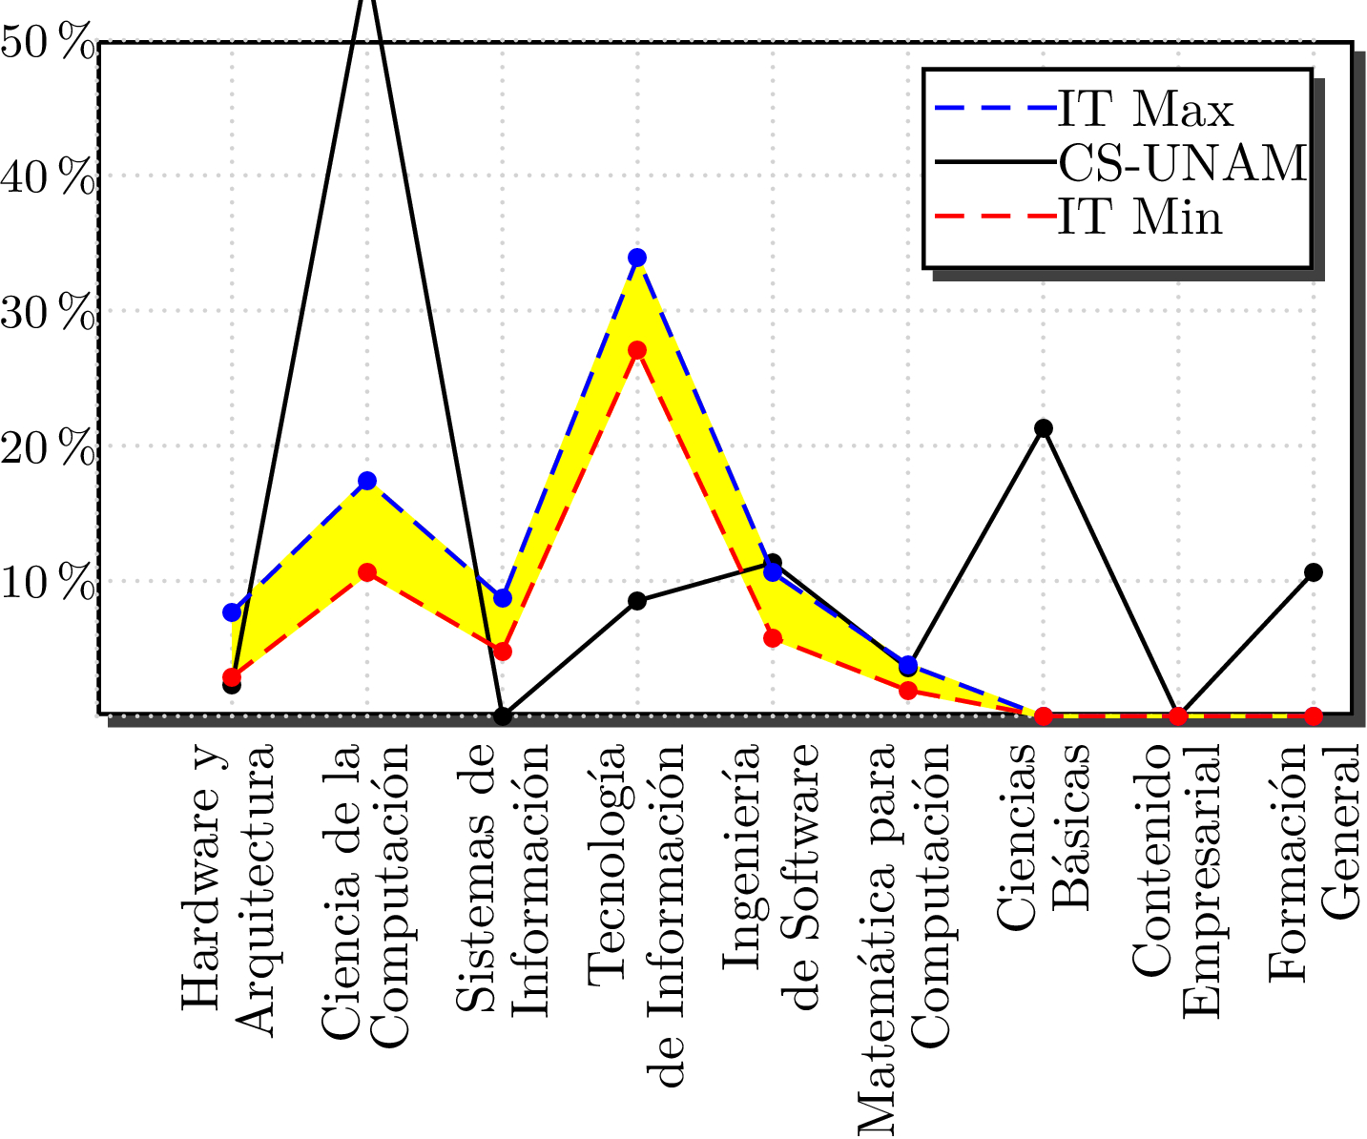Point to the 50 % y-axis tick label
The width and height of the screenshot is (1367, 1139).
[x=48, y=44]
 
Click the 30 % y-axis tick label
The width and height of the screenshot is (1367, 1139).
[x=48, y=313]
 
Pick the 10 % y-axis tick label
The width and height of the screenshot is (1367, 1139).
[x=48, y=583]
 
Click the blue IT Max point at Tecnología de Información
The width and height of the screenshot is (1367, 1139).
[x=637, y=258]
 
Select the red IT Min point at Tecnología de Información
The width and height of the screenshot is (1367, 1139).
[x=637, y=350]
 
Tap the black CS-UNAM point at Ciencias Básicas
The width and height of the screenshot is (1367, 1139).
[x=1044, y=428]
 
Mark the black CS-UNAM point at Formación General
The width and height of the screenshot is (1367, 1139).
[x=1314, y=572]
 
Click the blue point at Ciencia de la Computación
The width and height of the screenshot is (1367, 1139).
[x=367, y=481]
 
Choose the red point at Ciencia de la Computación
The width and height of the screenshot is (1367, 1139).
[x=367, y=572]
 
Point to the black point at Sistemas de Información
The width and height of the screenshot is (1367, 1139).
[x=503, y=716]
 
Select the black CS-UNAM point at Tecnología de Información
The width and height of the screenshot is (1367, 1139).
[x=637, y=601]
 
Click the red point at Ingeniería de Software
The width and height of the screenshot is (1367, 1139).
[x=773, y=638]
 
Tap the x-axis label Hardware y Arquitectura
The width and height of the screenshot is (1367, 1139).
[x=229, y=887]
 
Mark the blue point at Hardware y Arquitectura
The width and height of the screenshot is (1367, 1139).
[x=232, y=612]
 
